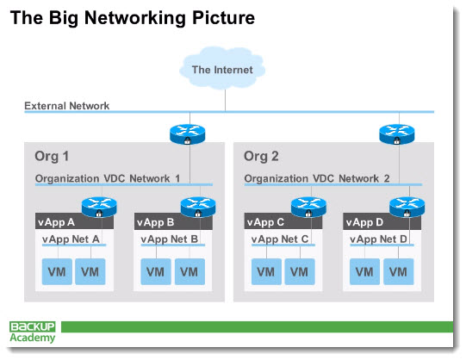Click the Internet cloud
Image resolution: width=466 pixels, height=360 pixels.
(222, 68)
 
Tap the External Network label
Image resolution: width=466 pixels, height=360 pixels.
(67, 106)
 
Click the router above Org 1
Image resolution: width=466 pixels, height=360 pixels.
(188, 134)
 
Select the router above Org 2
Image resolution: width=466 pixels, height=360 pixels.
(397, 134)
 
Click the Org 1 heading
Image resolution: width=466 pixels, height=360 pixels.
(52, 156)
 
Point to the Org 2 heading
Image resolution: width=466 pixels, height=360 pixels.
(261, 156)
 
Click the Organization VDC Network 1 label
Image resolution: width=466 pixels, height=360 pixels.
(108, 178)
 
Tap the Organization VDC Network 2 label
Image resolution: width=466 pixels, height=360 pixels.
(317, 178)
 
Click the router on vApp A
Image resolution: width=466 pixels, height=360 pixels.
(99, 207)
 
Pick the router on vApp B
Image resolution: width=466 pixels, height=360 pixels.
(198, 207)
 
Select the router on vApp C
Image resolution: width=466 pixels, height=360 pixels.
(308, 207)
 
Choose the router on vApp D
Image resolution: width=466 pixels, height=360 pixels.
(407, 207)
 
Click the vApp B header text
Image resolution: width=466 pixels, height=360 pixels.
(155, 222)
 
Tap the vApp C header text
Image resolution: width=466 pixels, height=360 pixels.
(265, 222)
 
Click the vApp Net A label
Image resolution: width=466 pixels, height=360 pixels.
(71, 239)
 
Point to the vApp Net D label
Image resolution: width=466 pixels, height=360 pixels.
(378, 239)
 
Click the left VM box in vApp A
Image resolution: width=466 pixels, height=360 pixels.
(57, 272)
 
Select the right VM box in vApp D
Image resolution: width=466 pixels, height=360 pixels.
(399, 272)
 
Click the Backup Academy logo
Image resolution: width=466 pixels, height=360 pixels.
(33, 332)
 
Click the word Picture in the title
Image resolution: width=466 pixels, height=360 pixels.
(223, 18)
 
